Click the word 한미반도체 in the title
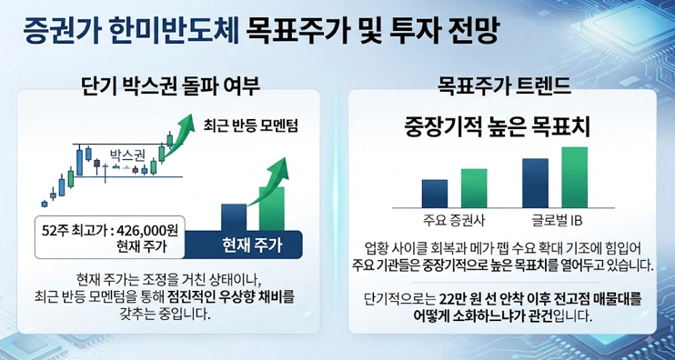coord(174,32)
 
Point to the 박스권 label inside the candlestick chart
coord(128,155)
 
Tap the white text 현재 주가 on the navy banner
coord(252,245)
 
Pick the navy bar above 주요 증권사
coord(435,194)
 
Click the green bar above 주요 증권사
coord(474,188)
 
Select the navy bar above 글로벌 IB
coord(535,184)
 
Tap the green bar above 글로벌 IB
coord(575,177)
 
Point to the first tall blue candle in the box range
coord(79,162)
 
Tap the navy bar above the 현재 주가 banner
coord(234,217)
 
